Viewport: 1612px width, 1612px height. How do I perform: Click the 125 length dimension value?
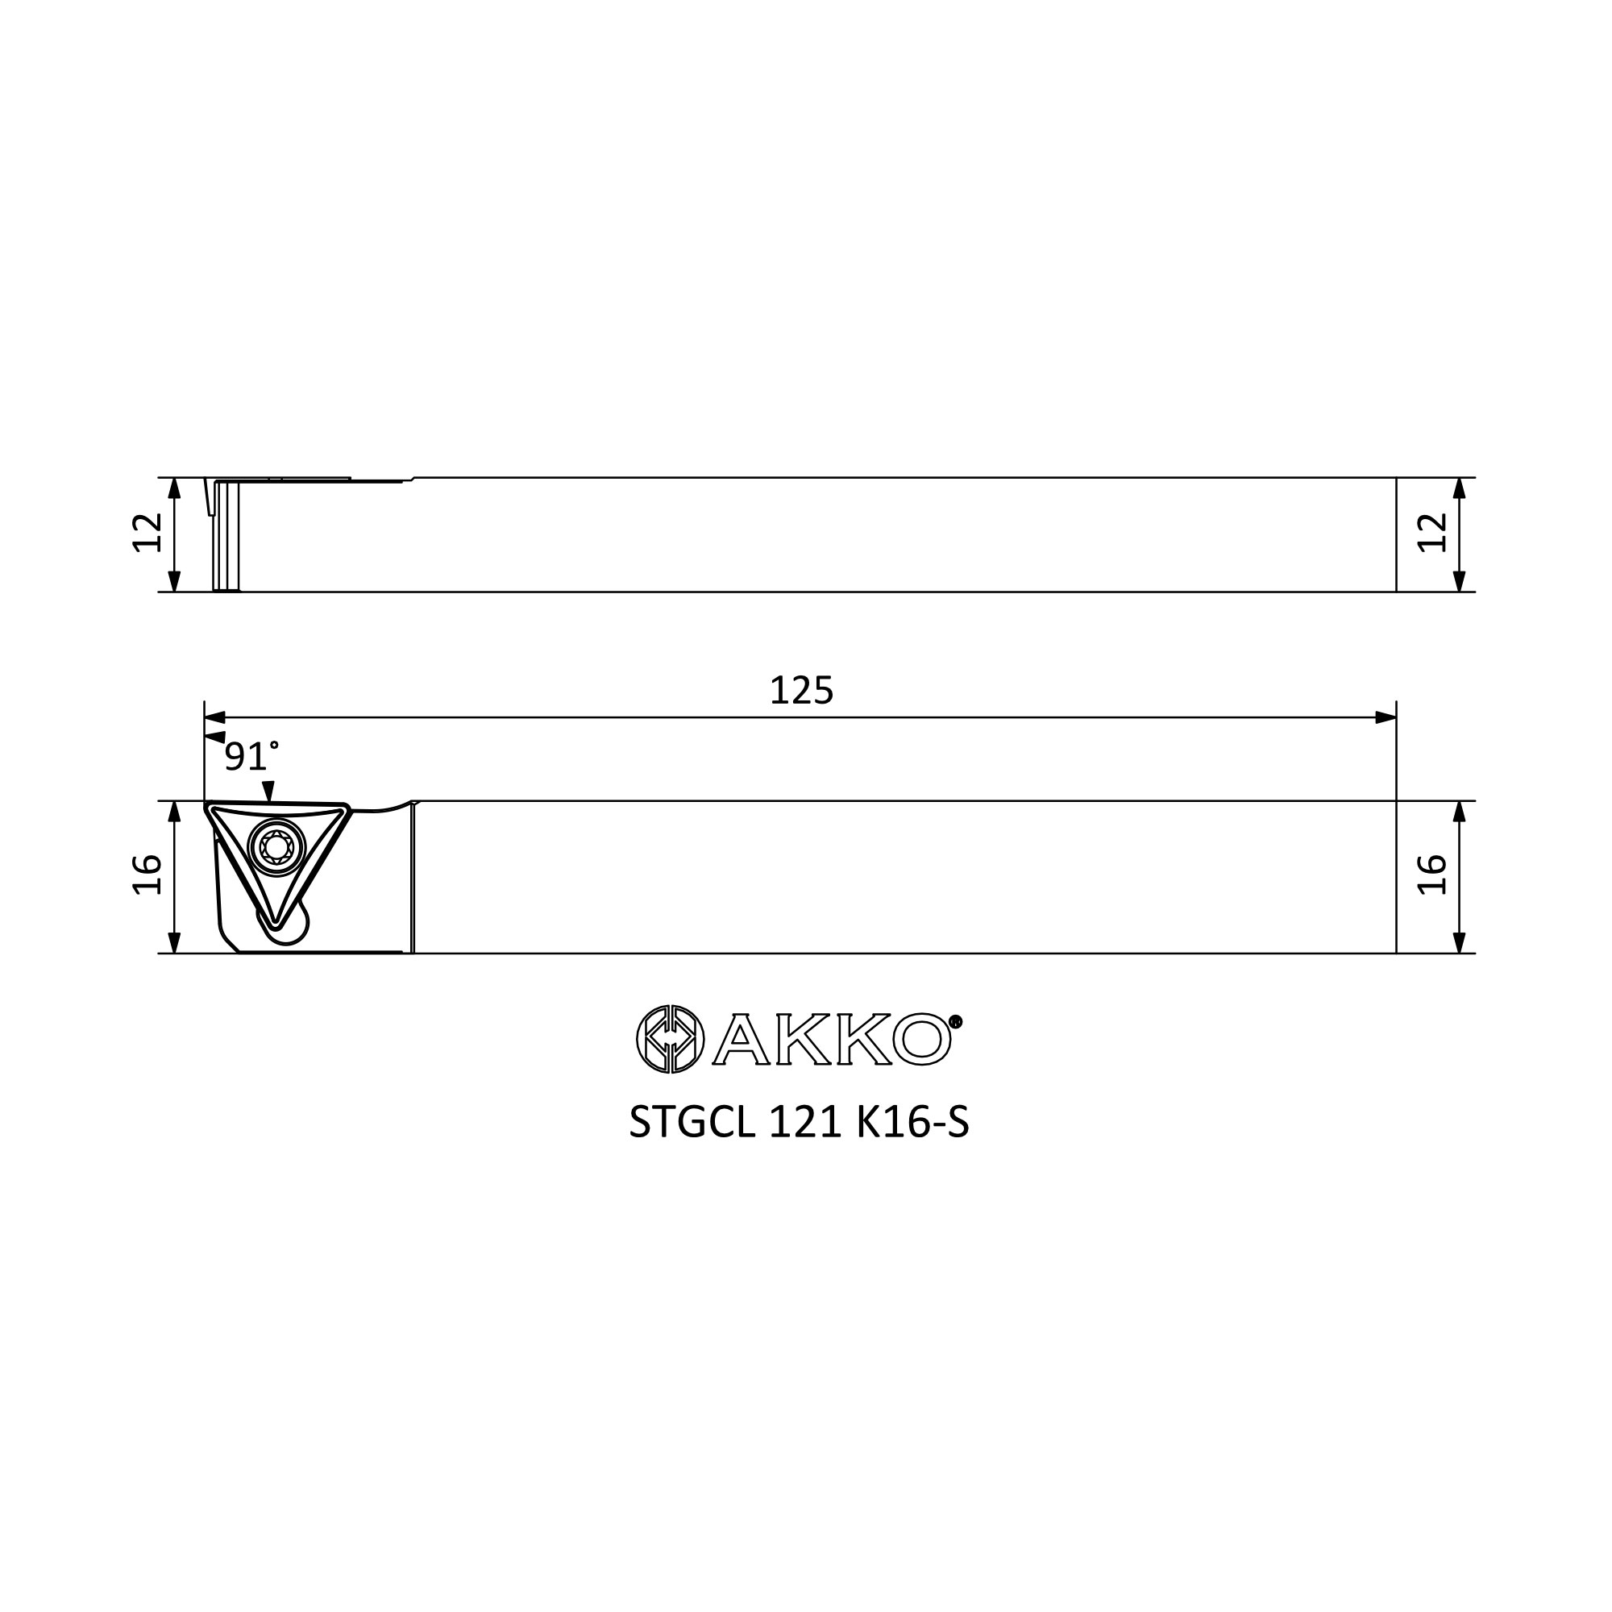(x=801, y=691)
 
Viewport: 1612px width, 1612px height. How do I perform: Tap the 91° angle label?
(x=251, y=756)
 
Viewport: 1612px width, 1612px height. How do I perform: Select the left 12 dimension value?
(x=147, y=532)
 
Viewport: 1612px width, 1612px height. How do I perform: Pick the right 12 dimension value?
(x=1431, y=532)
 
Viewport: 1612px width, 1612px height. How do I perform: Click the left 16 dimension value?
(x=147, y=875)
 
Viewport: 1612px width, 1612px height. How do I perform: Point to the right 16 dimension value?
(x=1431, y=875)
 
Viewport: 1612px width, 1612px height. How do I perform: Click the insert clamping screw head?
(x=276, y=848)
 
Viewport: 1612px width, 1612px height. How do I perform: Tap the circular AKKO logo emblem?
(x=670, y=1039)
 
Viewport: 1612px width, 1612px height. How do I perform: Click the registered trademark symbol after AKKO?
(x=956, y=1021)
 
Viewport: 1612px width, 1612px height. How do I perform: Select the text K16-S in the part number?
(x=913, y=1123)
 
